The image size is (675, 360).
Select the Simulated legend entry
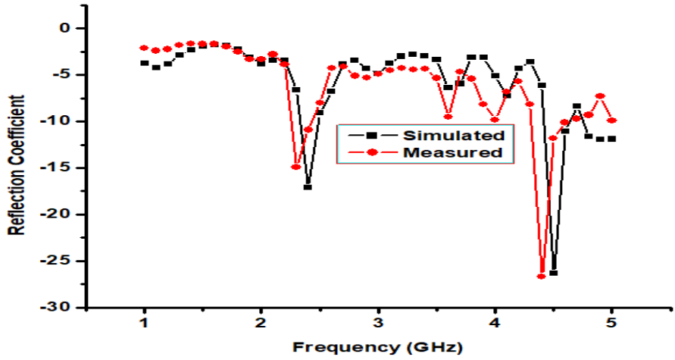coord(453,136)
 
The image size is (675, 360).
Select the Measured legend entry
coord(453,152)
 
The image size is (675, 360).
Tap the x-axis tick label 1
coord(144,324)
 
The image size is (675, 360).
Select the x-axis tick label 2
coord(261,324)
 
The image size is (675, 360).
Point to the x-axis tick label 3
coord(378,324)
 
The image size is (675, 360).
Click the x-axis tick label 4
coord(495,324)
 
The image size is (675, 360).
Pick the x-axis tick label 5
coord(612,324)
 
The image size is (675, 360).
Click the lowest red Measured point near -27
coord(542,276)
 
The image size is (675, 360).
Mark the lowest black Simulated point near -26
coord(554,272)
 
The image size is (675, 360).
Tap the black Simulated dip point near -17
coord(308,186)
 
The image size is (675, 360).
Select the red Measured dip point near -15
coord(296,167)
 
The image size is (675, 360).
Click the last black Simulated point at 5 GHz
coord(612,139)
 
